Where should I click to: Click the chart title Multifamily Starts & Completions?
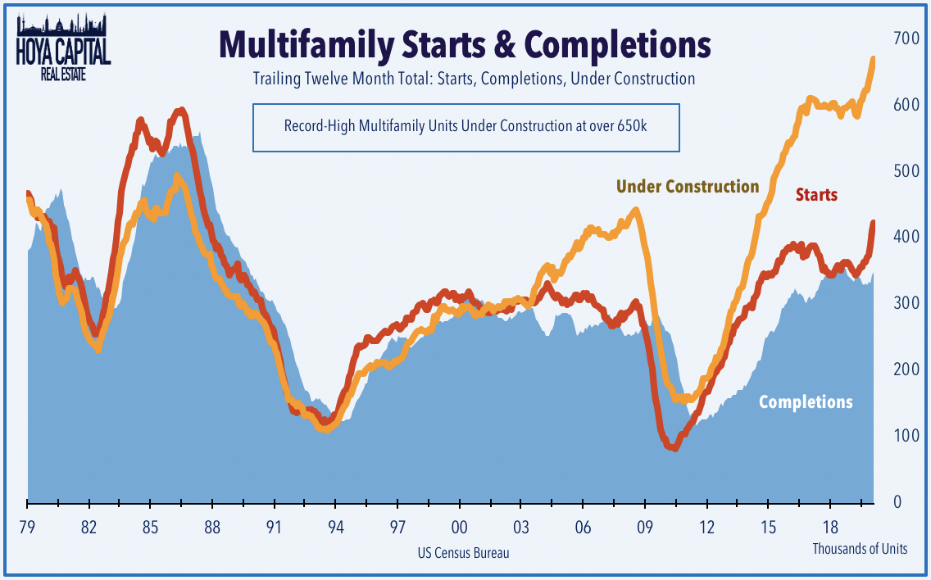465,45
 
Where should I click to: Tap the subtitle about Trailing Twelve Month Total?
465,79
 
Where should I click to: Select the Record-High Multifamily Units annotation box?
465,127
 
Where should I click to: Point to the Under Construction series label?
688,187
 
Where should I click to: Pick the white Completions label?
806,402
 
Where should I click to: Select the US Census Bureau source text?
463,553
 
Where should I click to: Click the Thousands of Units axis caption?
860,549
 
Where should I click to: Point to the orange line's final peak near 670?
873,59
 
